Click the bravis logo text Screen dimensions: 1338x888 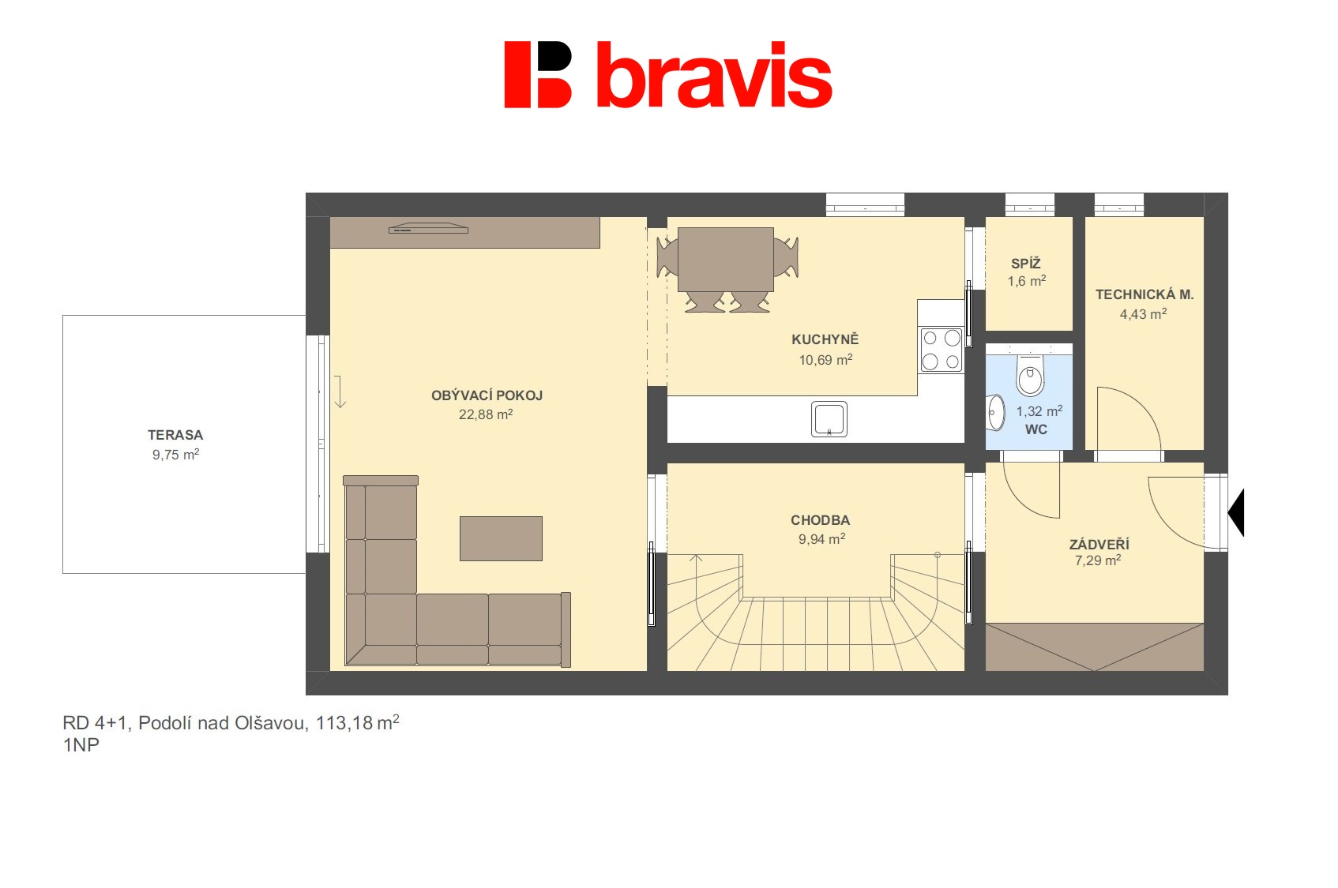(x=714, y=75)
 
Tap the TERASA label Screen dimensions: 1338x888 (x=175, y=435)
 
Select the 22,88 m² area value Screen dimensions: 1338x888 (x=486, y=414)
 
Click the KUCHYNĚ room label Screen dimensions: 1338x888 (x=825, y=339)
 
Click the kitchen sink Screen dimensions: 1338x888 (x=829, y=419)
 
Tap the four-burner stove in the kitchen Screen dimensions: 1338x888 (x=941, y=350)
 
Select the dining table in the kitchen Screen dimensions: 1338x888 (x=726, y=260)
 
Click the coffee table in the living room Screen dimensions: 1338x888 (x=501, y=538)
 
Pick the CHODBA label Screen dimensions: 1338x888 (x=820, y=520)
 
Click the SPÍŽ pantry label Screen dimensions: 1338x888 (x=1025, y=263)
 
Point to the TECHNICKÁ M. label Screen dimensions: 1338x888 (x=1144, y=294)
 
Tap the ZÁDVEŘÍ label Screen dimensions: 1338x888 (x=1099, y=545)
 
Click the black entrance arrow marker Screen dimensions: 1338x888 (x=1238, y=512)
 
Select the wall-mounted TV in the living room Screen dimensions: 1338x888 (x=428, y=228)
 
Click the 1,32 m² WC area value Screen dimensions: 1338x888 (x=1039, y=410)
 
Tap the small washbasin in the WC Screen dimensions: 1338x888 (x=995, y=412)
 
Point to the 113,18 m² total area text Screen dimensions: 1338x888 (x=357, y=723)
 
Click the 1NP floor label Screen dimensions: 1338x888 (x=81, y=745)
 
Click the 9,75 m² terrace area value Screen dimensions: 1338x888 (x=175, y=454)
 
